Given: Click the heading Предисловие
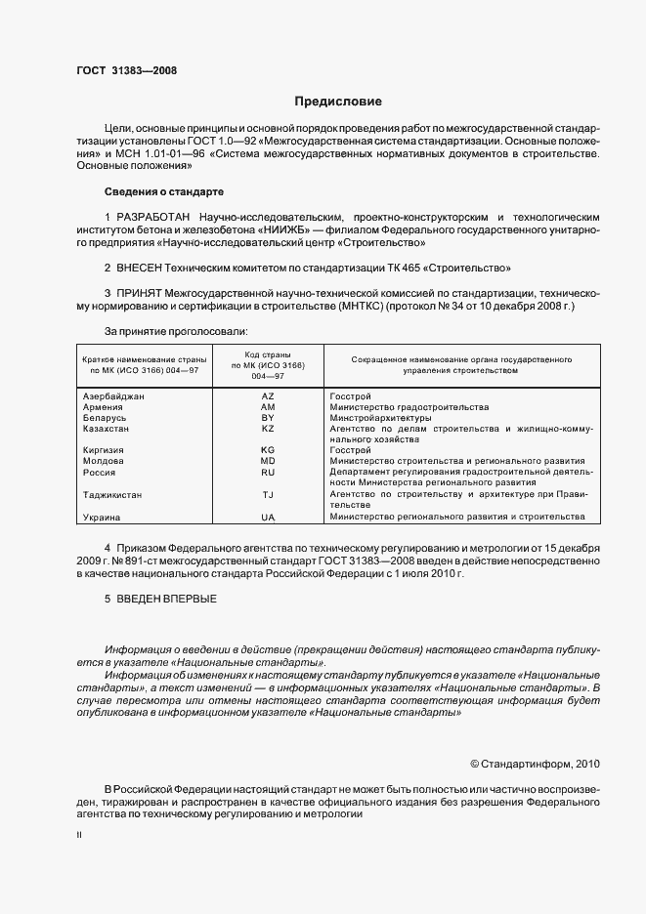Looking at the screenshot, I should pyautogui.click(x=338, y=102).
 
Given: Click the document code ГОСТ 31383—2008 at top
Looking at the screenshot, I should pyautogui.click(x=126, y=69).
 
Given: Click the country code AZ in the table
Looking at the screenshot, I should pyautogui.click(x=268, y=396).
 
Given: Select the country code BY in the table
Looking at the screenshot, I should pyautogui.click(x=268, y=418).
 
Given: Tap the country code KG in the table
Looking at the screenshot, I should pyautogui.click(x=268, y=450).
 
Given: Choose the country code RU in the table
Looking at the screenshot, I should pyautogui.click(x=268, y=472).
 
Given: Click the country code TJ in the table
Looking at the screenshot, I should pyautogui.click(x=268, y=494).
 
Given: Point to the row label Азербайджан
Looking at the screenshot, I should pyautogui.click(x=114, y=396).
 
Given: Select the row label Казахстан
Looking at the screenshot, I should pyautogui.click(x=108, y=429).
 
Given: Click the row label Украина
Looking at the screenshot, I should pyautogui.click(x=103, y=517).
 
